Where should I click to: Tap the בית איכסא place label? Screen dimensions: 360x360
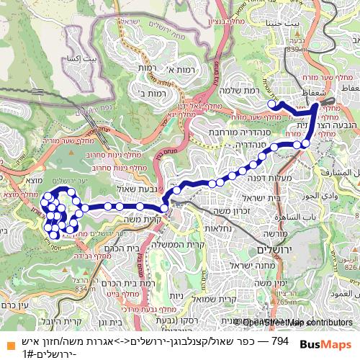click(80, 58)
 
